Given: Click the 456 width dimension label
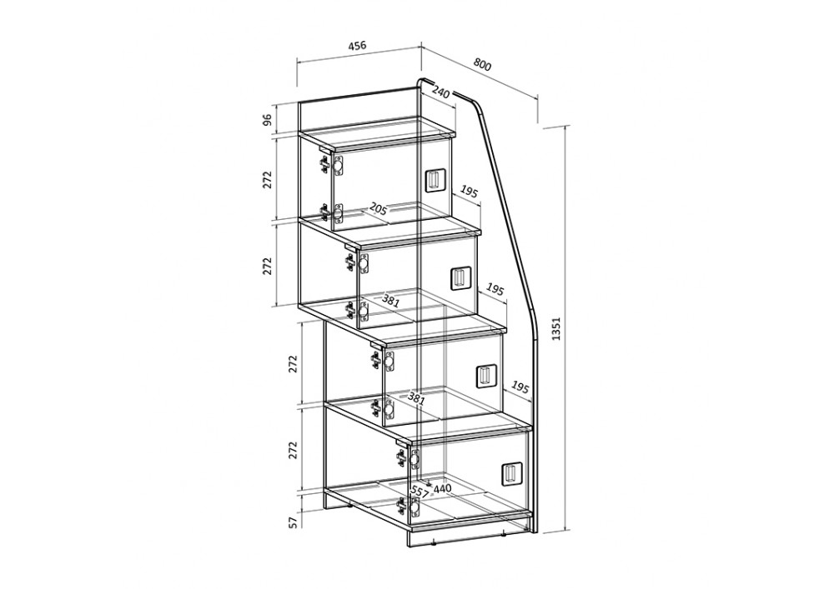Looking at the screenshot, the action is point(357,46).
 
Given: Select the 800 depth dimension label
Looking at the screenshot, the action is point(482,64).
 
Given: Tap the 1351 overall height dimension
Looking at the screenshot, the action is point(556,329).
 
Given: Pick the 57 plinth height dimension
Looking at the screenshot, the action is point(292,522).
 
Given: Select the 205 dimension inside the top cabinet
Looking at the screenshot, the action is point(378,207).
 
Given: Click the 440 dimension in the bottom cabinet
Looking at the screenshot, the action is point(442,488).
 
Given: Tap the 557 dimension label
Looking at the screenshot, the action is point(420,492).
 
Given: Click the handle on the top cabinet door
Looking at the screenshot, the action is point(433,180).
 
